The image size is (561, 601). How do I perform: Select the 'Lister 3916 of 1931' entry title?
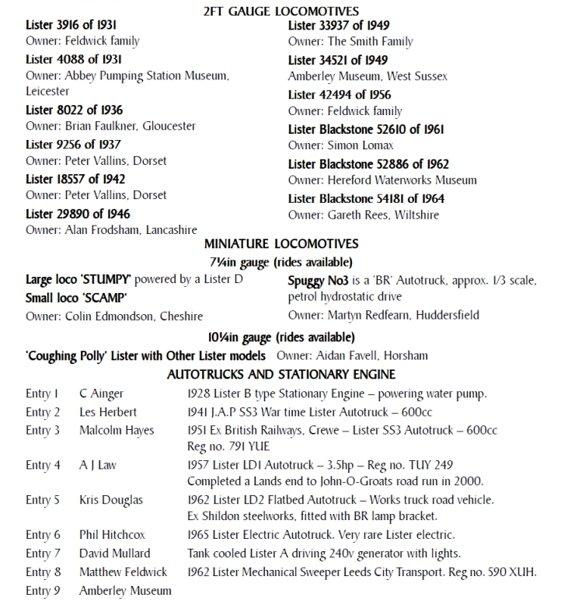[71, 26]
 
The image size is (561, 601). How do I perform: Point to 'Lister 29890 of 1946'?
[78, 214]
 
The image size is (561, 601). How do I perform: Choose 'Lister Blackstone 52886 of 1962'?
[368, 164]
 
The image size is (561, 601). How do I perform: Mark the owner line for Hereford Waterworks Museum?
[382, 180]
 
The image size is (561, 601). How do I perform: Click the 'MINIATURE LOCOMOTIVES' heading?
[281, 244]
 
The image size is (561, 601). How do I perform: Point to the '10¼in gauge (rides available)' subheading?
[280, 337]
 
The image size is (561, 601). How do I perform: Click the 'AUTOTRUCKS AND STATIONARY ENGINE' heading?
[281, 374]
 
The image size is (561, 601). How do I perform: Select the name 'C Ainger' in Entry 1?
[101, 393]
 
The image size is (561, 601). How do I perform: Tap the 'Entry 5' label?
[43, 500]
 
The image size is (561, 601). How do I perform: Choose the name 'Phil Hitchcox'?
[112, 535]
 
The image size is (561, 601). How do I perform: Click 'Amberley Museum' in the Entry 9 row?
[124, 591]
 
